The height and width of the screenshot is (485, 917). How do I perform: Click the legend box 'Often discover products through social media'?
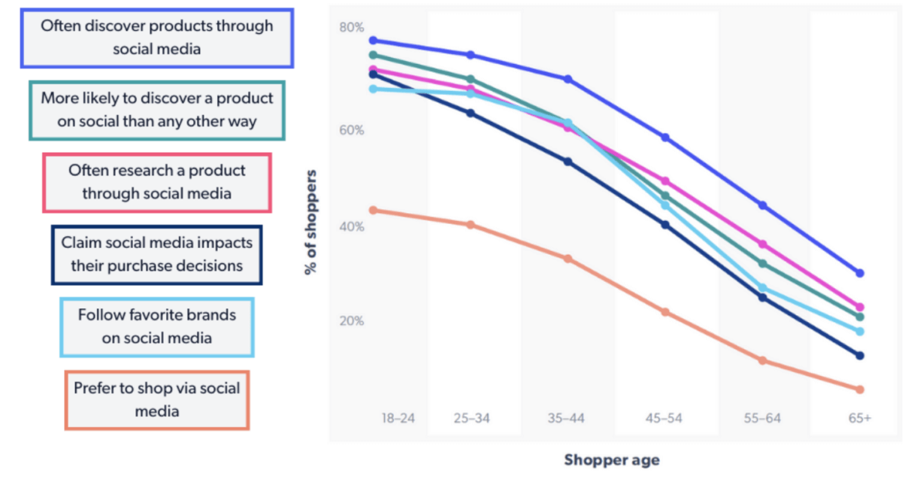tap(156, 38)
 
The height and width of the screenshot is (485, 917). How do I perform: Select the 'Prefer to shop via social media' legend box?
tap(157, 400)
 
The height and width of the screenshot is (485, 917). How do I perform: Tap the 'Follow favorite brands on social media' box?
tap(157, 326)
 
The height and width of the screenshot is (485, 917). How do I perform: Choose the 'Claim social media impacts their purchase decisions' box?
tap(157, 254)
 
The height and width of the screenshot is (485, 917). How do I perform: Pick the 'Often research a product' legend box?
tap(157, 182)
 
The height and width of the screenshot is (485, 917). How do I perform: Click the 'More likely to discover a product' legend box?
tap(157, 110)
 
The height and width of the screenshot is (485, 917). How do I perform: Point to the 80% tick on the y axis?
tap(351, 28)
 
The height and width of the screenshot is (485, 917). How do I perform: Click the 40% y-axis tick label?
tap(351, 226)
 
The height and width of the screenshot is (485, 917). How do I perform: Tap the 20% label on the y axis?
tap(351, 321)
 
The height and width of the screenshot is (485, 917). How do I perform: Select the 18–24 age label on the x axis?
tap(398, 418)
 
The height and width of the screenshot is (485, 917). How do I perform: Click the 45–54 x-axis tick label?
tap(664, 418)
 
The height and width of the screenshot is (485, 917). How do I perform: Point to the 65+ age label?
tap(860, 418)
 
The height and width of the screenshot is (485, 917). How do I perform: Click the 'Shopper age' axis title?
tap(612, 460)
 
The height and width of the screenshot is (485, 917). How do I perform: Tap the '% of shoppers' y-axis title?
tap(310, 222)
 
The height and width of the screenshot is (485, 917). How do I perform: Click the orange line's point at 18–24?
tap(373, 211)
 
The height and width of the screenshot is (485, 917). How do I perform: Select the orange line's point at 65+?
tap(860, 390)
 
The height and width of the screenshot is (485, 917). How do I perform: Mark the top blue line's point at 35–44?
tap(568, 79)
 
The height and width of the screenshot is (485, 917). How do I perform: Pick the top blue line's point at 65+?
tap(860, 273)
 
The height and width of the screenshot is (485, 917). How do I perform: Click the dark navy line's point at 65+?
tap(860, 356)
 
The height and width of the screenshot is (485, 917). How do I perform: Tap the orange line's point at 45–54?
tap(665, 312)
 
